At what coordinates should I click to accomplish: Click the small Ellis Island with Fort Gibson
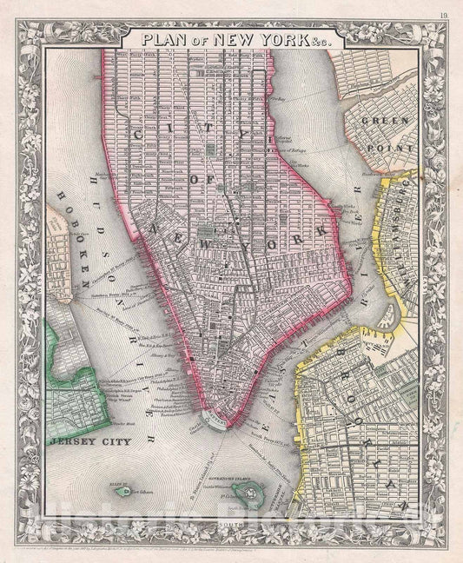click(122, 492)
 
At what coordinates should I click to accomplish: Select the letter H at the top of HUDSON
click(90, 181)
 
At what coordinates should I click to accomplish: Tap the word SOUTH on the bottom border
click(231, 524)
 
